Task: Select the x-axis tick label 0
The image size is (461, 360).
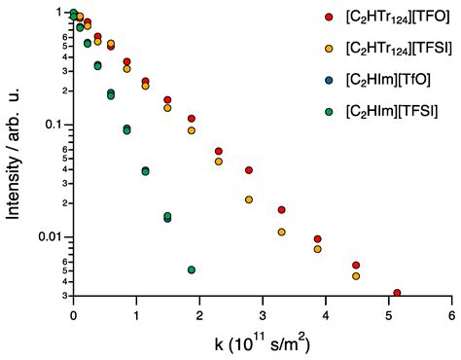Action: pyautogui.click(x=73, y=316)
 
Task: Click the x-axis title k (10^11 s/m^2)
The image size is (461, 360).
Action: pyautogui.click(x=263, y=342)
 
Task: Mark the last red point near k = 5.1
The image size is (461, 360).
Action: pyautogui.click(x=397, y=293)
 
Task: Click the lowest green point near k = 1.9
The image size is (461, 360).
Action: pyautogui.click(x=192, y=270)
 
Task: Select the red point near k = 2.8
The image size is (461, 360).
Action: pyautogui.click(x=249, y=170)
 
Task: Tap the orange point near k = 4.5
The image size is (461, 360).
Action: pyautogui.click(x=356, y=276)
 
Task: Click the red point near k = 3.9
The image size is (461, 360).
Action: pyautogui.click(x=318, y=239)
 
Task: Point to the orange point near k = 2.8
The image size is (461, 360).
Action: pyautogui.click(x=249, y=199)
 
